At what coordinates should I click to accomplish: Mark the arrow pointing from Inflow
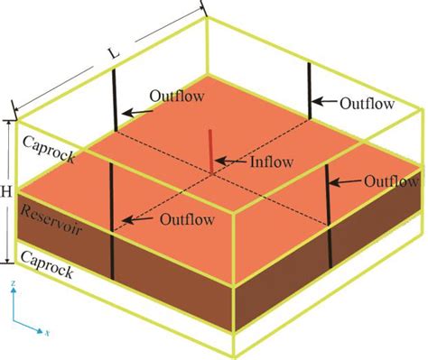point(230,163)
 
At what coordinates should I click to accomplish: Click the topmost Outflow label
point(368,103)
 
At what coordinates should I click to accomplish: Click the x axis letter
point(46,332)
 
